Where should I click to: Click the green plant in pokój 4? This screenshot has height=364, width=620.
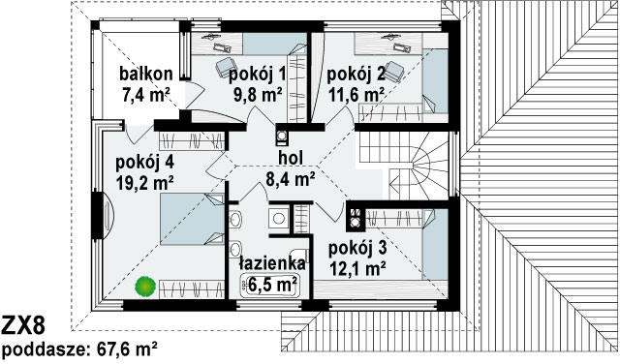[144, 287]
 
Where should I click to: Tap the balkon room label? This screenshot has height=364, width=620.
[146, 74]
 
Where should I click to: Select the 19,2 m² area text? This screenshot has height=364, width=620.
[145, 183]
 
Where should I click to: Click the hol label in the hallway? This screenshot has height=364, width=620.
[291, 158]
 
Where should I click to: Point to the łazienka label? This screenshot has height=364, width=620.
[272, 263]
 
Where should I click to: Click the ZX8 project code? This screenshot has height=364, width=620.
[23, 325]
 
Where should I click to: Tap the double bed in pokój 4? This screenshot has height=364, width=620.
[192, 219]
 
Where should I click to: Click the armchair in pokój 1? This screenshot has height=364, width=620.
[225, 67]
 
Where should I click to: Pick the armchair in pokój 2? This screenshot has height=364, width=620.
[394, 71]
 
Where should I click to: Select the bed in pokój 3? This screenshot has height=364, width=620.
[435, 244]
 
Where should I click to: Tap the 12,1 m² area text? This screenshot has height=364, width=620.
[357, 269]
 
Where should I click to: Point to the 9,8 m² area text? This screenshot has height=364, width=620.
[258, 94]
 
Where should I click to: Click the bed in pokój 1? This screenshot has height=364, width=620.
[274, 44]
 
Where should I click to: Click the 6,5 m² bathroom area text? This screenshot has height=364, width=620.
[272, 285]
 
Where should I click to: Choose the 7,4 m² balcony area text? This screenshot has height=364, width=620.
[145, 95]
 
